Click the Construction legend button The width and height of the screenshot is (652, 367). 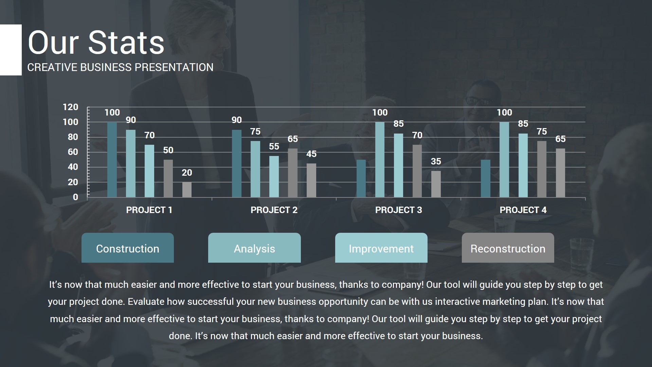click(x=128, y=248)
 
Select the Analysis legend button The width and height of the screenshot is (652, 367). click(x=254, y=248)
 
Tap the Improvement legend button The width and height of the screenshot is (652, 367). click(x=381, y=248)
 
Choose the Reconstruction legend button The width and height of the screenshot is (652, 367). click(x=508, y=248)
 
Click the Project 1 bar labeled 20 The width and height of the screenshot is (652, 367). click(x=187, y=190)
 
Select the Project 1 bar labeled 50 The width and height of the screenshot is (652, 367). click(x=168, y=178)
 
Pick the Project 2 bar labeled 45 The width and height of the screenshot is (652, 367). click(x=311, y=180)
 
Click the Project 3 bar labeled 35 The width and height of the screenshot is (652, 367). click(x=436, y=184)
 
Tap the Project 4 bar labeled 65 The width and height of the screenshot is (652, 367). click(x=560, y=173)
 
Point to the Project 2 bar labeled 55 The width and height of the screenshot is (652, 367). click(x=274, y=177)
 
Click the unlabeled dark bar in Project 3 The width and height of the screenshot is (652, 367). click(x=361, y=178)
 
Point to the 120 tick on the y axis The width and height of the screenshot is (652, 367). click(x=70, y=107)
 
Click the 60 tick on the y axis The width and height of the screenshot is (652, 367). click(x=73, y=152)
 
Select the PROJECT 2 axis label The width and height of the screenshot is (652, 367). click(x=274, y=210)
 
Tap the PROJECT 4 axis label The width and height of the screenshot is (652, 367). click(x=523, y=210)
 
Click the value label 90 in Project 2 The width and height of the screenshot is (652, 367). click(x=237, y=120)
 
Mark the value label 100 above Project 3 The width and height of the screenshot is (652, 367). click(x=380, y=112)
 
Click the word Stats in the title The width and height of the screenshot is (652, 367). click(x=126, y=43)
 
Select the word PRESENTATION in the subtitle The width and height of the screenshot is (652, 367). click(x=174, y=67)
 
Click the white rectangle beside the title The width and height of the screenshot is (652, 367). click(x=11, y=50)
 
